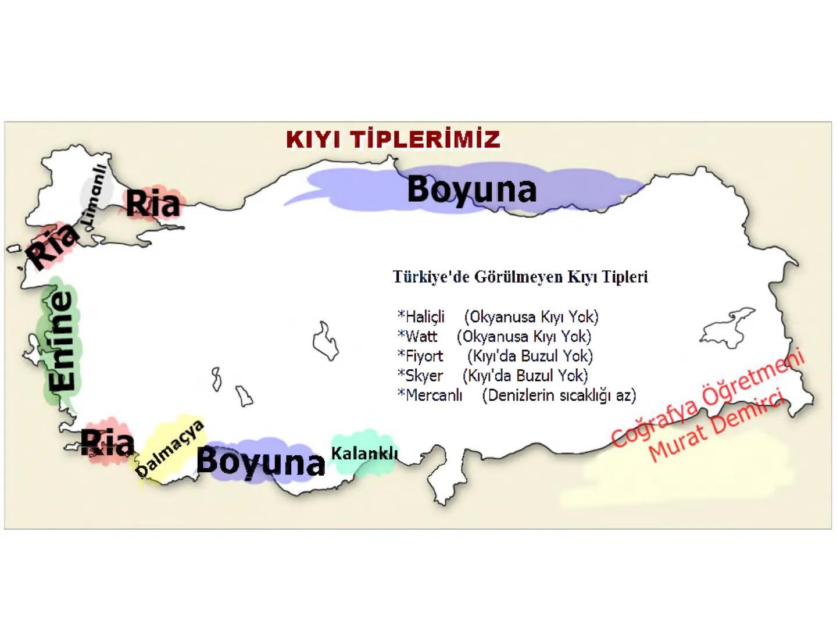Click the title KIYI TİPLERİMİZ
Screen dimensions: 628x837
pyautogui.click(x=393, y=140)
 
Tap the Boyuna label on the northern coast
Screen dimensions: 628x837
pyautogui.click(x=471, y=190)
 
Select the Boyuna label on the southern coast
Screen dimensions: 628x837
pyautogui.click(x=260, y=462)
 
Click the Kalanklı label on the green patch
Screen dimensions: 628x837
pyautogui.click(x=364, y=453)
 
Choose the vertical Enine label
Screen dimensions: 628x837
pyautogui.click(x=62, y=341)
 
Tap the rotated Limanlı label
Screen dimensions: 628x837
pyautogui.click(x=95, y=194)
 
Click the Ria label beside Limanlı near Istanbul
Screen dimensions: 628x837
pyautogui.click(x=153, y=204)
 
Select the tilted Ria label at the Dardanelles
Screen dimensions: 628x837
pyautogui.click(x=52, y=245)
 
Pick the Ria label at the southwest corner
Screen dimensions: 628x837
pyautogui.click(x=107, y=443)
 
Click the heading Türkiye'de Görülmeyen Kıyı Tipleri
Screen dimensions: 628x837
pyautogui.click(x=520, y=277)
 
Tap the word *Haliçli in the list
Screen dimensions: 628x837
pyautogui.click(x=421, y=317)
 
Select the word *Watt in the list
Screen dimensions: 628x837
pyautogui.click(x=417, y=337)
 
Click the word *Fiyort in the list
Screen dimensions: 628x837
pyautogui.click(x=420, y=356)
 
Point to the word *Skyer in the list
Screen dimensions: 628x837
pyautogui.click(x=420, y=376)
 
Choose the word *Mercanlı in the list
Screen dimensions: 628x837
pyautogui.click(x=430, y=395)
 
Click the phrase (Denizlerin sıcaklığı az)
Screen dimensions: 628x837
pyautogui.click(x=559, y=395)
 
